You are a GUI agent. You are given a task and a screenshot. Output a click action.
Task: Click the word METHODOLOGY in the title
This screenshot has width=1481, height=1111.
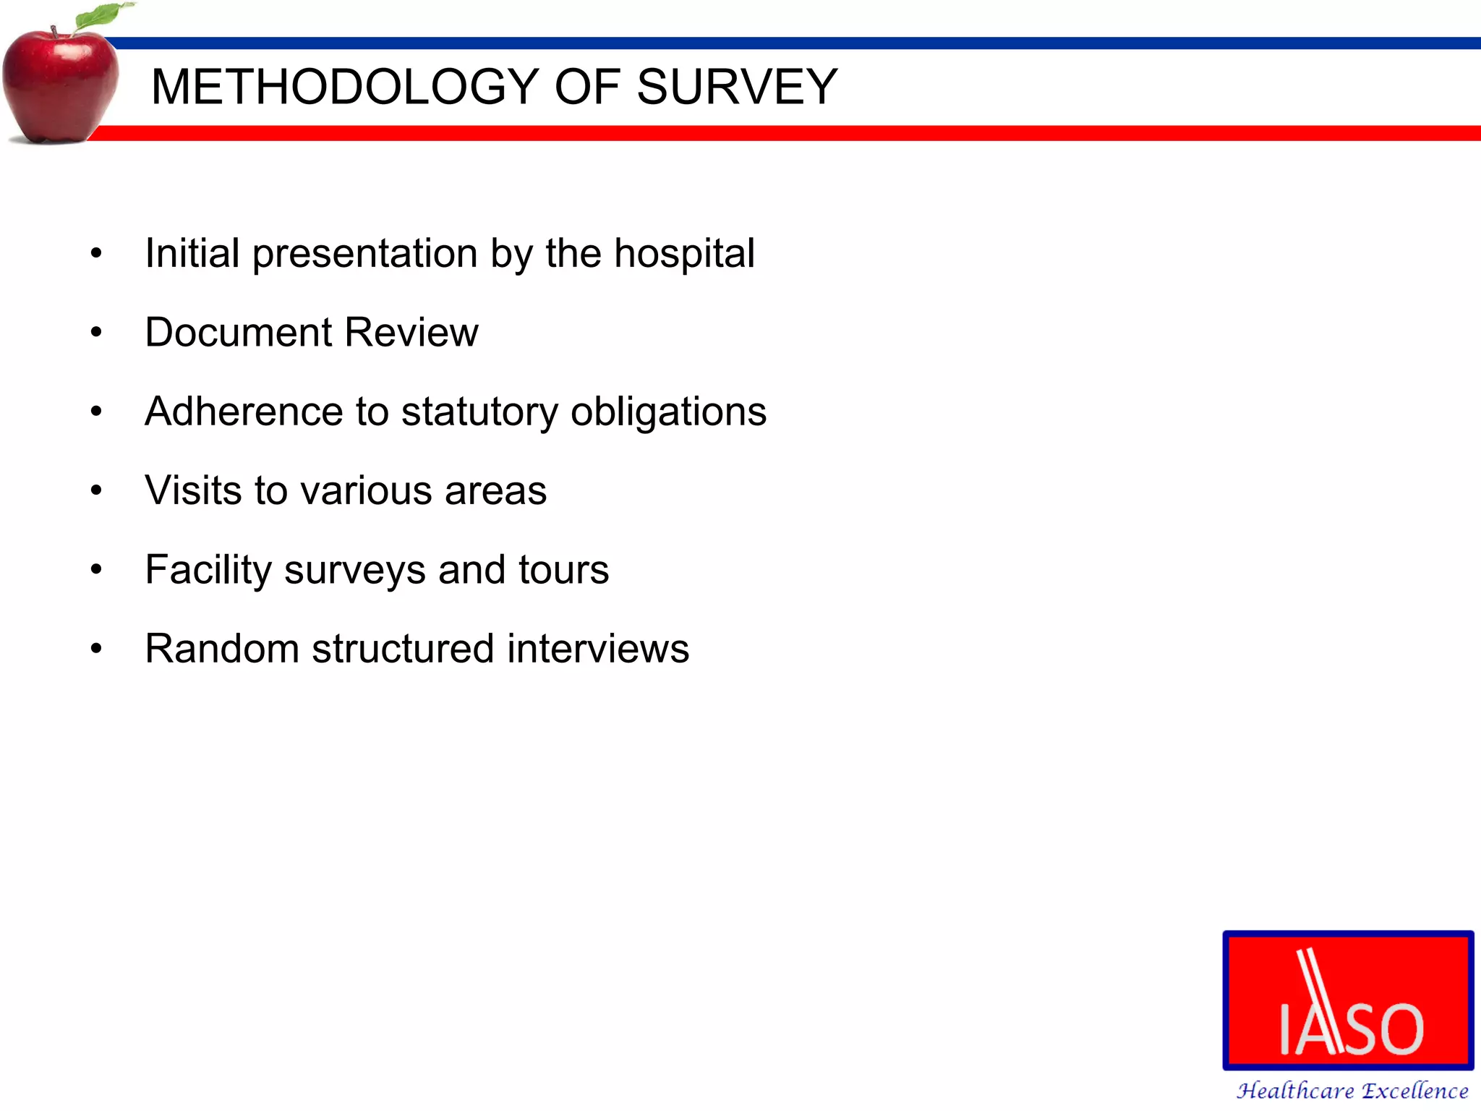pos(344,88)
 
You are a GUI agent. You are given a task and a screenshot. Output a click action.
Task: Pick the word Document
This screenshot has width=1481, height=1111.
pos(239,333)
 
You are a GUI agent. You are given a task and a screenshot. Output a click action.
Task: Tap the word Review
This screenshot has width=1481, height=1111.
pos(411,333)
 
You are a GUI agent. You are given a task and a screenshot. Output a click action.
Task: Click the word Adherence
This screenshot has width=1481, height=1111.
pos(243,412)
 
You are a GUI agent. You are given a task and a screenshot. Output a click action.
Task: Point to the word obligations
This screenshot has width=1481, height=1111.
pos(668,413)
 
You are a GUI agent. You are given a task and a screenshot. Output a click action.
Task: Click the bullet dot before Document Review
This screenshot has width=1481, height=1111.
pos(96,333)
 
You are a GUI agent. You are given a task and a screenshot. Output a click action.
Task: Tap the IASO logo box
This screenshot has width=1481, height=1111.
pos(1348,1000)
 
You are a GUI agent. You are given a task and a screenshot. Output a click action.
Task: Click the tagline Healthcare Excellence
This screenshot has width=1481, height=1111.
pos(1352,1090)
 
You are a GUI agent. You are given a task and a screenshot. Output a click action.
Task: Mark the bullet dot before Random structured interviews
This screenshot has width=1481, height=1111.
pos(96,649)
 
